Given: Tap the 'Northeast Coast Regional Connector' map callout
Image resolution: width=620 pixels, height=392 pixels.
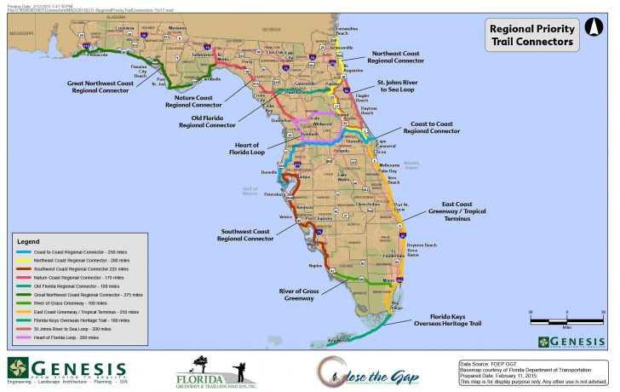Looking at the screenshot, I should (x=396, y=57).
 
